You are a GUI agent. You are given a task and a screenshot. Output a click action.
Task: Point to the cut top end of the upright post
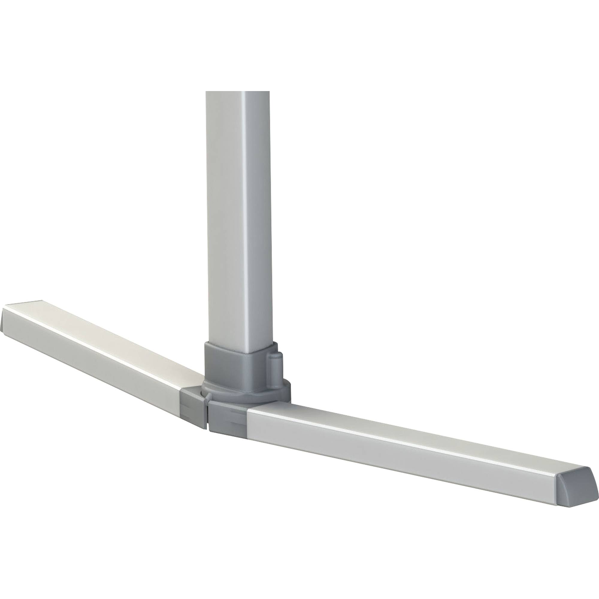point(237,92)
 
